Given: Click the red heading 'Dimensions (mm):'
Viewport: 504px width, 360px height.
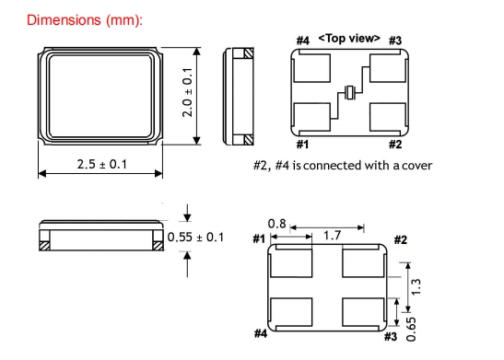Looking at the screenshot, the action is [x=85, y=20].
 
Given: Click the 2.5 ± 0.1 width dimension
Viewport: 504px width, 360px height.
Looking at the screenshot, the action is [x=102, y=164].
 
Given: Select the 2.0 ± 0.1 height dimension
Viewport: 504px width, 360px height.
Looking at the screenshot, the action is [x=187, y=92].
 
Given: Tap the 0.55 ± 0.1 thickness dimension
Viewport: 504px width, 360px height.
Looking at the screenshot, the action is [x=195, y=237].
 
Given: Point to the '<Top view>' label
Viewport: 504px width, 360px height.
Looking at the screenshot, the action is [x=349, y=39].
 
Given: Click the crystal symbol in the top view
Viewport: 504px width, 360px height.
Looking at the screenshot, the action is [x=350, y=92].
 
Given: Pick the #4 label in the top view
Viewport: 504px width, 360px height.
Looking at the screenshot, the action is [x=303, y=41].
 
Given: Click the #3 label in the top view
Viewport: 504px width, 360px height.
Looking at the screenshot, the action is [x=395, y=41].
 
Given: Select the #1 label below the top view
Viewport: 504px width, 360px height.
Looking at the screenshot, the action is [x=302, y=145].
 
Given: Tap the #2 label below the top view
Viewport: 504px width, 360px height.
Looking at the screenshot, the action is [x=395, y=145].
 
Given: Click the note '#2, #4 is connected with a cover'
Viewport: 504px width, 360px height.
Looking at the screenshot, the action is [x=343, y=166].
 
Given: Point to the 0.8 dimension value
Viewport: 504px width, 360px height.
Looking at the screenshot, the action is [x=276, y=224].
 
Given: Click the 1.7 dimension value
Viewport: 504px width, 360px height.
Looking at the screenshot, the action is [x=332, y=236].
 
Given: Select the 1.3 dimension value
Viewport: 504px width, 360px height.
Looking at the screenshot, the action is [x=416, y=286].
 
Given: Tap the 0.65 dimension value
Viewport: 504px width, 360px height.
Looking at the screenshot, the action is [x=411, y=330].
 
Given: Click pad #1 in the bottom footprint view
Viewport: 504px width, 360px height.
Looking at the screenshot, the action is [x=291, y=263].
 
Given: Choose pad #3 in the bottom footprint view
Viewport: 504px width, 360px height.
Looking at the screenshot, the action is [x=363, y=312].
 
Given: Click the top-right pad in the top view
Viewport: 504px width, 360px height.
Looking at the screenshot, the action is [x=388, y=68].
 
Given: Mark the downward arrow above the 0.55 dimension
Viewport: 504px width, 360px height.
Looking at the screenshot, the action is [x=187, y=213].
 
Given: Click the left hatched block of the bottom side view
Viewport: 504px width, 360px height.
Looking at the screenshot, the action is [x=44, y=246].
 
